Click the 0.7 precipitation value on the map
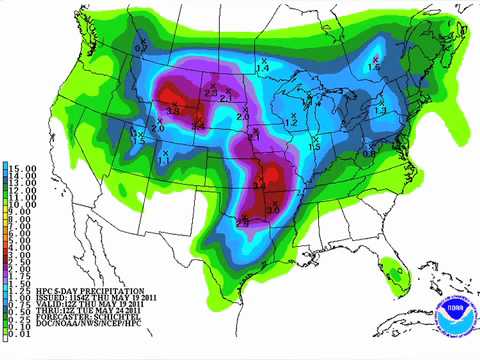[x=141, y=45]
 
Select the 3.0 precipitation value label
[x=272, y=209]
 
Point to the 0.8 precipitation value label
[x=368, y=153]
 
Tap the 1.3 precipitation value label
[x=379, y=112]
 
